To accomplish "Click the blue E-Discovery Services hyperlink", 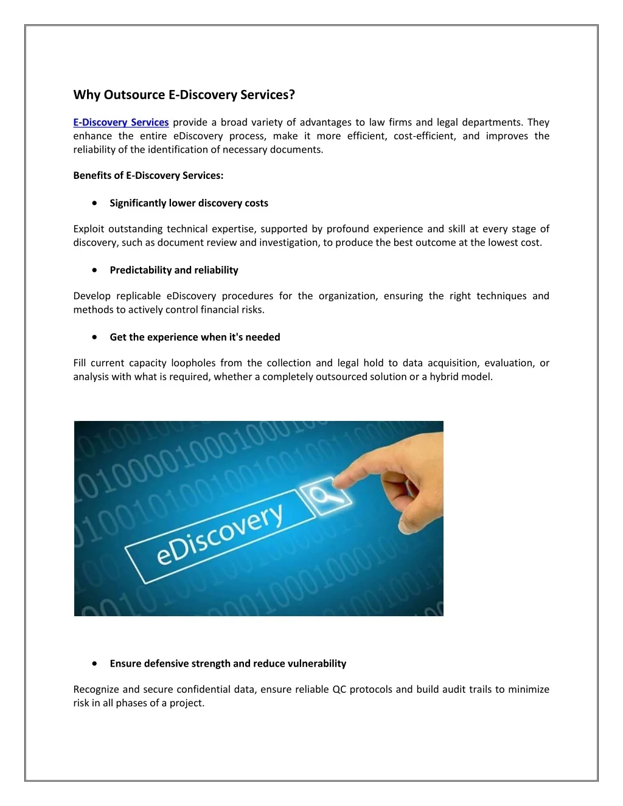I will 120,122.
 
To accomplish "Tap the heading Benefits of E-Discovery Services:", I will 148,176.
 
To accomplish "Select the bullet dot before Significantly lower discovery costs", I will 94,203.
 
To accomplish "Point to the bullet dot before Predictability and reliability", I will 94,269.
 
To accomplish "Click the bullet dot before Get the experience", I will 94,336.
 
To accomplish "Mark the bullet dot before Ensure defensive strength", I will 94,663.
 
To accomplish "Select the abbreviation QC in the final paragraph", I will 339,689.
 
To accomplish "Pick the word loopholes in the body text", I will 193,363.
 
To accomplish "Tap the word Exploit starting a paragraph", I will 88,229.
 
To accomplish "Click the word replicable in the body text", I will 137,296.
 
